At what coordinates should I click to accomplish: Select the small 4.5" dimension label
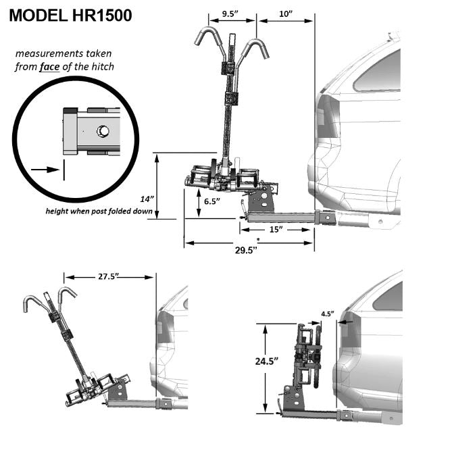[328, 314]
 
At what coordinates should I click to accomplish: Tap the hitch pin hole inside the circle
[103, 130]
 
